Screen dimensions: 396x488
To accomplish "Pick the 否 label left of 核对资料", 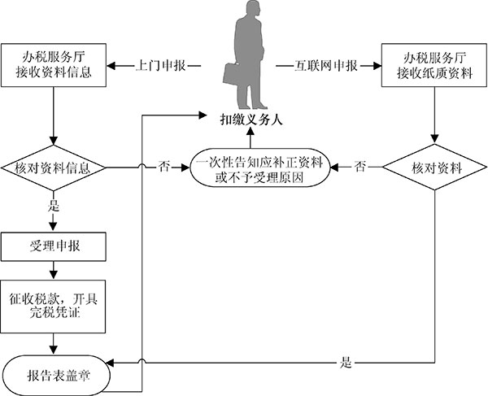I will pyautogui.click(x=360, y=169).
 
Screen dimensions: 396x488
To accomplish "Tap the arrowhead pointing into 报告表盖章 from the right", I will pyautogui.click(x=111, y=363).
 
